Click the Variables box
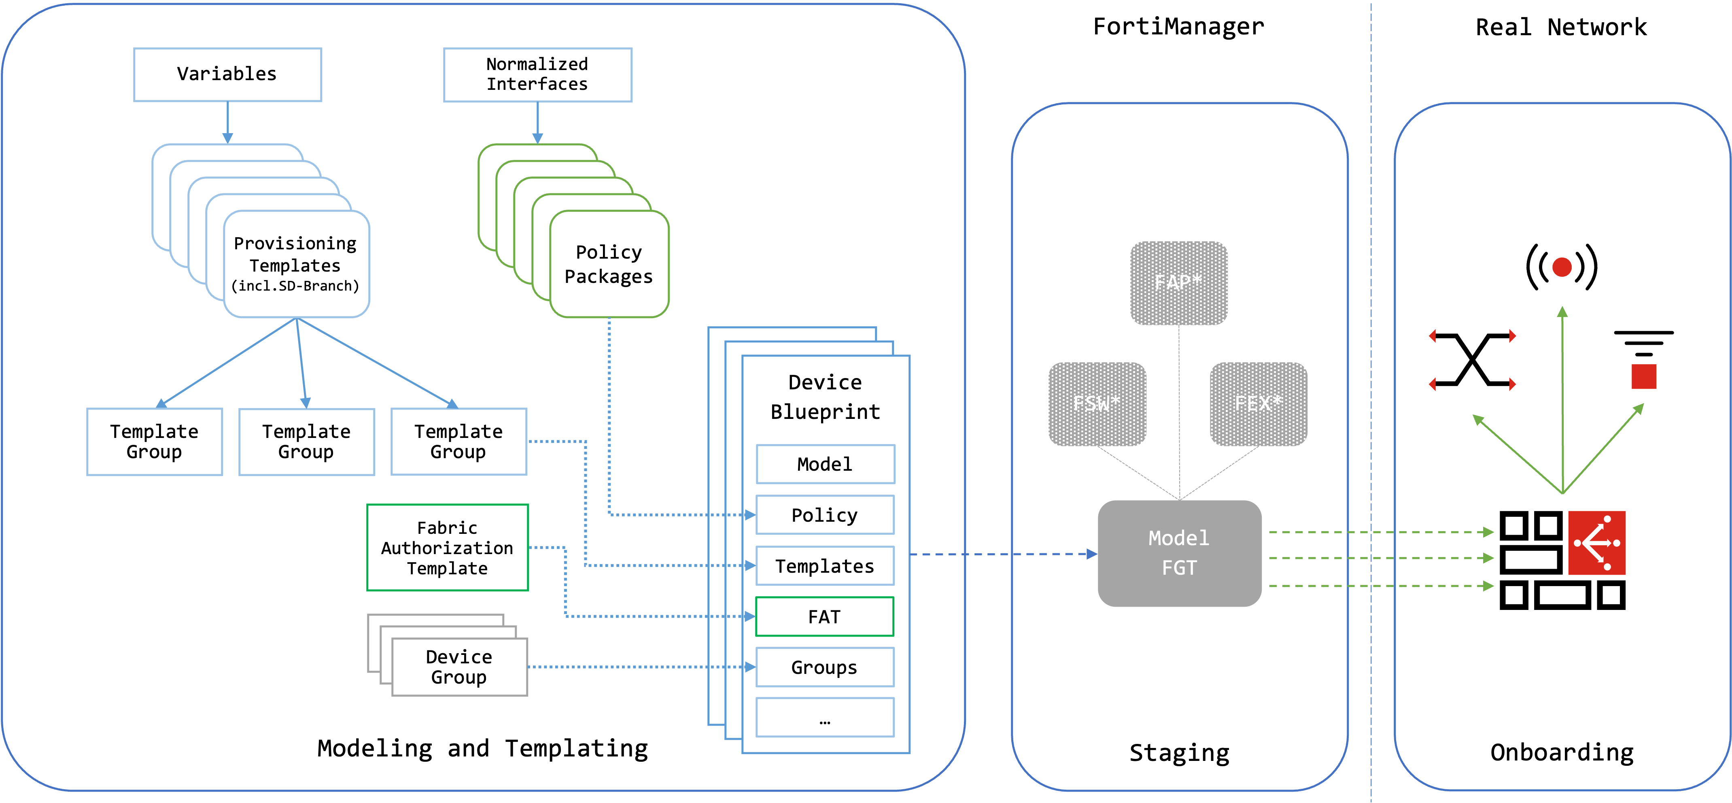(x=227, y=74)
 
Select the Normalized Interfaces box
(x=537, y=74)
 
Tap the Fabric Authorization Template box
(x=447, y=548)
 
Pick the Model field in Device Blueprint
(x=824, y=464)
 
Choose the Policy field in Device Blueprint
(x=824, y=515)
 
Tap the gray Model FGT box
(x=1179, y=553)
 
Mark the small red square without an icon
(x=1643, y=377)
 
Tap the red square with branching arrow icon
(x=1596, y=543)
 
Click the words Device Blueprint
(x=825, y=397)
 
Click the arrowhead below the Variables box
(x=228, y=138)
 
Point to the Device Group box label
(x=459, y=667)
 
